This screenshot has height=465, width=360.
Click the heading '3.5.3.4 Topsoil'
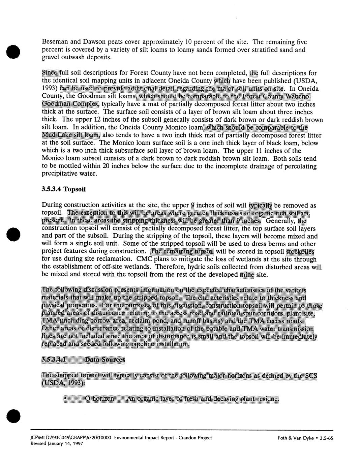pos(64,189)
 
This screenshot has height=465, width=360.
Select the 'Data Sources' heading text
pos(105,360)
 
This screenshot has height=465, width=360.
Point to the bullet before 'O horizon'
pos(65,399)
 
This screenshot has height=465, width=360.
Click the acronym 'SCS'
pos(311,376)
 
